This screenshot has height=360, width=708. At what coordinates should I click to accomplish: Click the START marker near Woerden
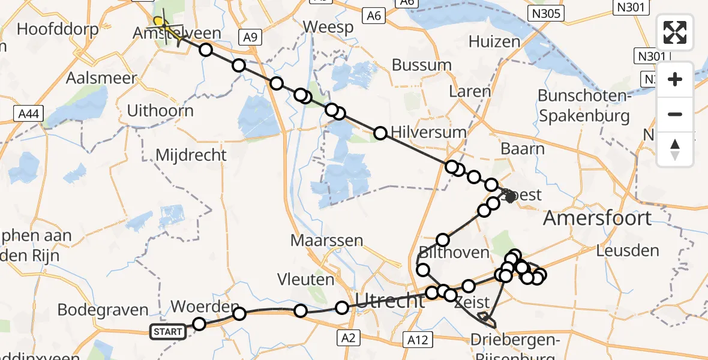(x=168, y=332)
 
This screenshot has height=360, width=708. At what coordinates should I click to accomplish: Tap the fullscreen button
(x=675, y=32)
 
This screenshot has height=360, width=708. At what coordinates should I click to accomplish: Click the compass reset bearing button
(x=675, y=149)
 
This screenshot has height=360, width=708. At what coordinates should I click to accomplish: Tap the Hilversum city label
(x=428, y=132)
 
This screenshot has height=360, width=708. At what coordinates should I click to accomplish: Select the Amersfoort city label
(x=596, y=218)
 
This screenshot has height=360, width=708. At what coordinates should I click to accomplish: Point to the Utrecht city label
(x=391, y=300)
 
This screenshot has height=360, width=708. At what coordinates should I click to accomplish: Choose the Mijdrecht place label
(x=191, y=155)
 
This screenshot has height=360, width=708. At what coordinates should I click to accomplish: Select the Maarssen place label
(x=327, y=241)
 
